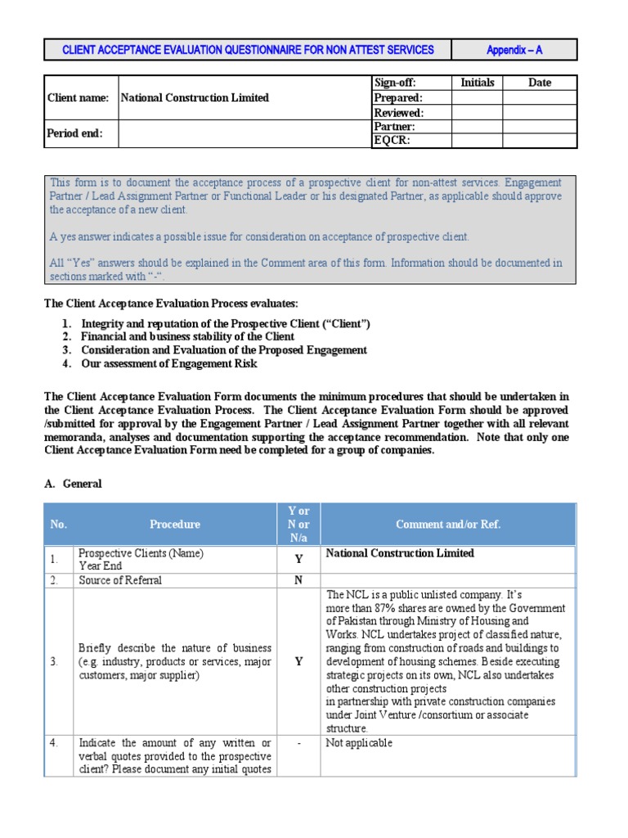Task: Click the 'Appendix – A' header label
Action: point(514,50)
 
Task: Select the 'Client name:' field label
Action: point(78,97)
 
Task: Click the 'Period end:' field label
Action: point(75,133)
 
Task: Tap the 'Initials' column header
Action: point(478,83)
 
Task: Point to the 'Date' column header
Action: point(540,83)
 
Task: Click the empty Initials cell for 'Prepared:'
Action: point(478,97)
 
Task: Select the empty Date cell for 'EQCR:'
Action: point(540,141)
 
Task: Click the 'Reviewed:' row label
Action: point(398,112)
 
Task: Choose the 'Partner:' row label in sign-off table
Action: point(394,127)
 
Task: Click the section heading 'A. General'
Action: point(73,484)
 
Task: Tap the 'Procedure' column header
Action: point(174,524)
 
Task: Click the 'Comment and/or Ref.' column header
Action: point(448,524)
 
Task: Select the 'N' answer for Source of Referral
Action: point(298,580)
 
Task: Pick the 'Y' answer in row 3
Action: point(298,661)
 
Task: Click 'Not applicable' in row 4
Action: point(359,743)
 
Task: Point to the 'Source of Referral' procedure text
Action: point(120,580)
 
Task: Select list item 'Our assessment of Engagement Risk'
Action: point(169,363)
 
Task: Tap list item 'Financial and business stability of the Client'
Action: point(188,336)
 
